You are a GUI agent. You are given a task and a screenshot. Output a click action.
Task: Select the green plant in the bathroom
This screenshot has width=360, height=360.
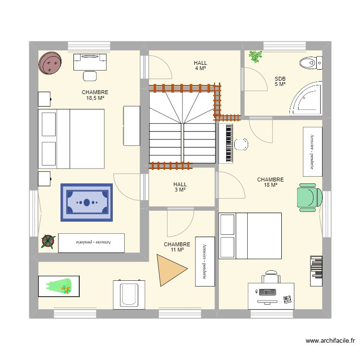point(256,57)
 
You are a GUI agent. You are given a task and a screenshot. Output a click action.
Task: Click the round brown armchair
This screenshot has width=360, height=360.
point(51,63)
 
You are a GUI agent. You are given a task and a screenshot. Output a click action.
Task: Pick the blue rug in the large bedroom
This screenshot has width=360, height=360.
point(86,203)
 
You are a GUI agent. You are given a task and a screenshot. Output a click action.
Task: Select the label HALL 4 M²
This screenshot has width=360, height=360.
point(200,66)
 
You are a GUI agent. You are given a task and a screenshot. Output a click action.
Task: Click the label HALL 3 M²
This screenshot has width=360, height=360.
point(180,187)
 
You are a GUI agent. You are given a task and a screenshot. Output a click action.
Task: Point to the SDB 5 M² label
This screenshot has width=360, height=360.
point(280,82)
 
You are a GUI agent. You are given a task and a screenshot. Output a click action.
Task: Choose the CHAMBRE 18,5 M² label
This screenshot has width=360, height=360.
point(95,95)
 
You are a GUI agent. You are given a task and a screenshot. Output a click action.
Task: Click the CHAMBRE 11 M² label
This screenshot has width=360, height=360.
point(177,247)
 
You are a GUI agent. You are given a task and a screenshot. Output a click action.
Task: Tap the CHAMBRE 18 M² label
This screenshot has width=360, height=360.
point(270,182)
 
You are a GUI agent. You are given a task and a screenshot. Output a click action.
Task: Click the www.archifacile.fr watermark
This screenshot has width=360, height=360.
point(331,341)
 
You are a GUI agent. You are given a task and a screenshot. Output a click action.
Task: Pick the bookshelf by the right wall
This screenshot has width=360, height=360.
point(316,271)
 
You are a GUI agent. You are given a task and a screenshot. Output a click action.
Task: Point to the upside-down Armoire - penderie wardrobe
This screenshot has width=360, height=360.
point(91,242)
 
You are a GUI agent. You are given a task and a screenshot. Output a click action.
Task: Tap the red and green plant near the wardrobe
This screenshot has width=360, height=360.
point(48,241)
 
